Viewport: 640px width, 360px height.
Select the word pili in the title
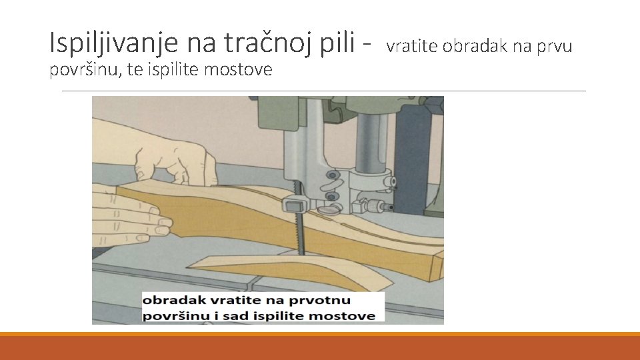(339, 43)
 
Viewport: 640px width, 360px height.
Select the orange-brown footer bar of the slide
(320, 347)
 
